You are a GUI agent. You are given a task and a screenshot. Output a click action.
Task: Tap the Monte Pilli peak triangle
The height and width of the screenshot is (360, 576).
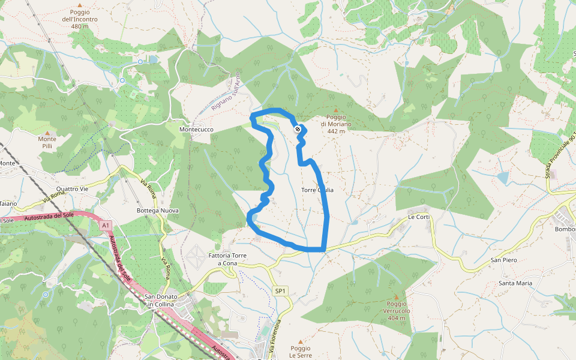click(x=47, y=132)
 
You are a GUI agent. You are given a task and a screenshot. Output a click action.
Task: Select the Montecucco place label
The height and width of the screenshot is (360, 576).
click(x=196, y=130)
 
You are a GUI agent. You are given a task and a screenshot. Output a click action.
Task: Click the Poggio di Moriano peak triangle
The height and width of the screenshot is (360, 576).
click(x=336, y=110)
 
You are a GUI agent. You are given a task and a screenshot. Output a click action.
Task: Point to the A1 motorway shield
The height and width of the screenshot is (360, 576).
click(x=106, y=226)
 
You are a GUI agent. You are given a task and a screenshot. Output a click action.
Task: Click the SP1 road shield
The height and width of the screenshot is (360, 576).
click(x=280, y=291)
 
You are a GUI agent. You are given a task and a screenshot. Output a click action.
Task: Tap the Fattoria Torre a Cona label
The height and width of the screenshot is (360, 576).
click(x=227, y=259)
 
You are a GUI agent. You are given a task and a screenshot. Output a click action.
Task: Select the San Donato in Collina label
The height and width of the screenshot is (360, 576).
click(x=160, y=301)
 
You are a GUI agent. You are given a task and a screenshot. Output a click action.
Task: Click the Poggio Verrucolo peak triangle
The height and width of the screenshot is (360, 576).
click(x=396, y=296)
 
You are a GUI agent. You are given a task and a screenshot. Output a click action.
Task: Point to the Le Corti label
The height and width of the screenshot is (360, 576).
click(x=419, y=217)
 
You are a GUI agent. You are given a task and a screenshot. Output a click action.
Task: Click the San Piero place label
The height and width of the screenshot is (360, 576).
click(x=504, y=260)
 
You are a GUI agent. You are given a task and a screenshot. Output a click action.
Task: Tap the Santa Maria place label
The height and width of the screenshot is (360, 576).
click(x=515, y=283)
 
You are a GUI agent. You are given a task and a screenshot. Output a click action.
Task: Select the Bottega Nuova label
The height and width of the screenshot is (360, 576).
click(x=158, y=210)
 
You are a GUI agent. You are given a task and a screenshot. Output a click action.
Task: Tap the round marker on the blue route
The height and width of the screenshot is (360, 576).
click(x=298, y=129)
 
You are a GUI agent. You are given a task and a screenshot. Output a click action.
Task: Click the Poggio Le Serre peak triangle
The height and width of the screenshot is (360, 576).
click(x=301, y=341)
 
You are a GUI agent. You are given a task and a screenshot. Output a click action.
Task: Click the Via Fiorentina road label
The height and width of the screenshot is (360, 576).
click(x=275, y=336)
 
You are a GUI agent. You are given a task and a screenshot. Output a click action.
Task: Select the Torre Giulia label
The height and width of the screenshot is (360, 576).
click(x=317, y=190)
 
